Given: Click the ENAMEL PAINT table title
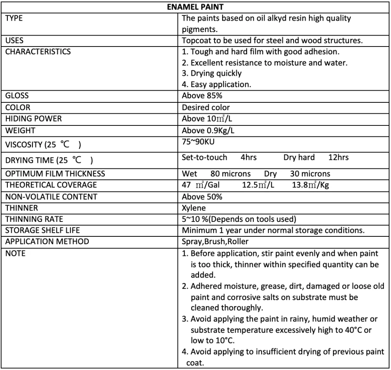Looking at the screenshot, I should tap(195, 7).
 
